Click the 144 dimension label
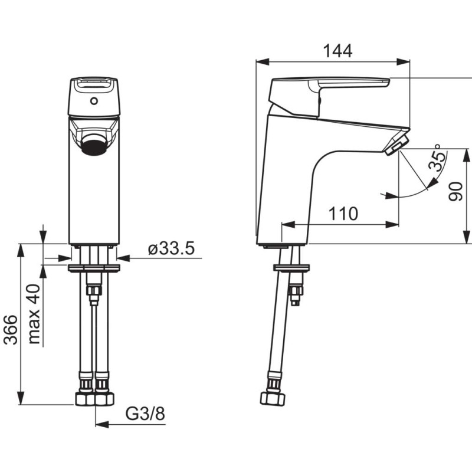coord(337,51)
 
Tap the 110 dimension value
coord(343,214)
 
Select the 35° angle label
coord(437,158)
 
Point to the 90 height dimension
coord(455,191)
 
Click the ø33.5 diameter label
coord(171,248)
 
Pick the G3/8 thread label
coord(145,414)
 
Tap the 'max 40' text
coord(34,314)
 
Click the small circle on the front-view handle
coord(94,101)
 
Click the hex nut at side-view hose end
coord(273,399)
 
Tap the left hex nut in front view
coord(84,399)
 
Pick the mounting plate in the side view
coord(291,268)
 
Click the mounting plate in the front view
coord(94,268)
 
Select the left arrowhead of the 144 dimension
coord(262,62)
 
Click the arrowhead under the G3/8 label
coord(101,425)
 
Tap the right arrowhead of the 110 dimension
coord(392,224)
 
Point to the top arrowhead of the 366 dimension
coord(21,250)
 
